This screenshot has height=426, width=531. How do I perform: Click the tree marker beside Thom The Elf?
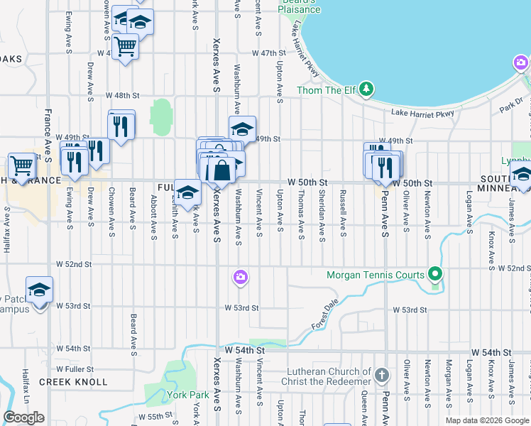[x=366, y=89]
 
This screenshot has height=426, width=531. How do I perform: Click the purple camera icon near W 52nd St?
[x=241, y=277]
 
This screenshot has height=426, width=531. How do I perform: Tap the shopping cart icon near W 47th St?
[x=125, y=46]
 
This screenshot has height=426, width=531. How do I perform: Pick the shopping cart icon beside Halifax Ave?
[x=21, y=166]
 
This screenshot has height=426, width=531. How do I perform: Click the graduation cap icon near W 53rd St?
[x=40, y=290]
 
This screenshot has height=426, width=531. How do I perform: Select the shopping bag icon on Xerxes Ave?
[x=221, y=170]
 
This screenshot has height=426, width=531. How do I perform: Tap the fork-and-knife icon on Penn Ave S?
[x=385, y=165]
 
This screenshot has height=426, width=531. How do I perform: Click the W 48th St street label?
[x=123, y=95]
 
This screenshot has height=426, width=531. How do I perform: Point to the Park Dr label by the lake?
[x=510, y=106]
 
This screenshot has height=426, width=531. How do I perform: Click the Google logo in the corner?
[x=24, y=417]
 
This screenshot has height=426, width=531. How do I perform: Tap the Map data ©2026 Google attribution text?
[x=486, y=420]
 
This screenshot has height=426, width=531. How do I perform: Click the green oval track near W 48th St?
[x=161, y=113]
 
